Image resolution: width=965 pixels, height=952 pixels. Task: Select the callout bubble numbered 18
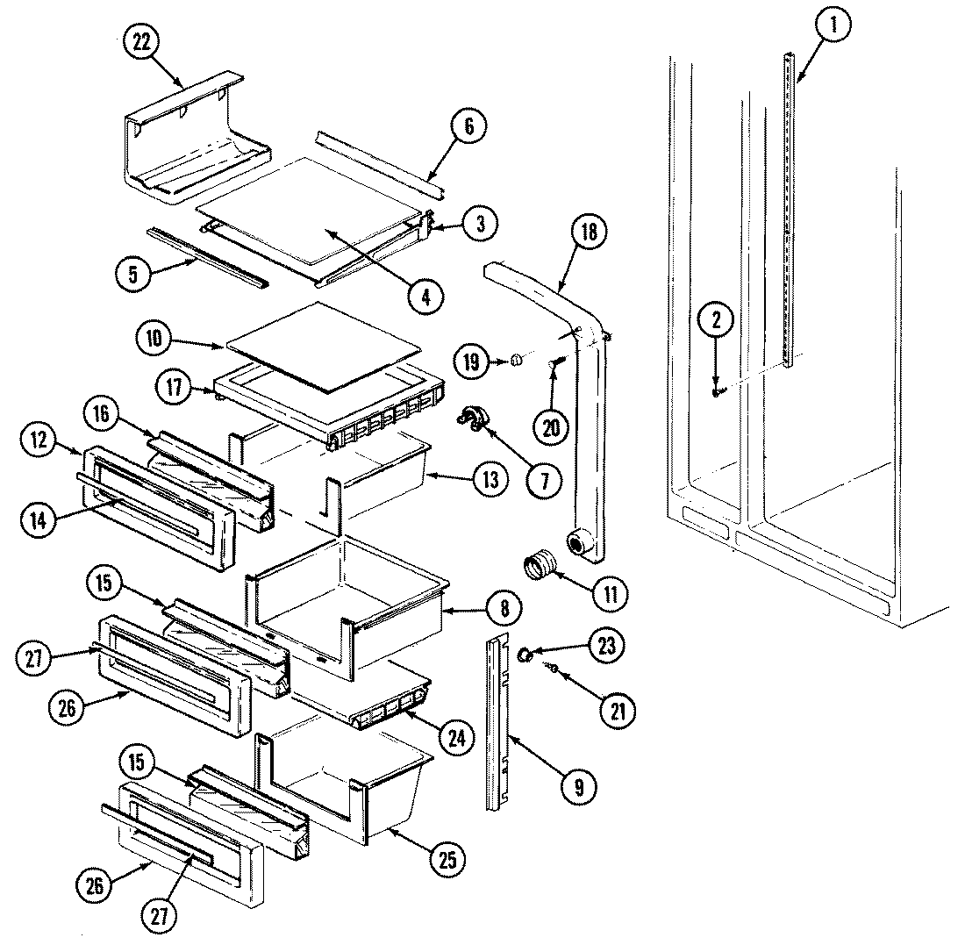pos(589,233)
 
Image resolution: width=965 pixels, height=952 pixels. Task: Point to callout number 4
pos(425,297)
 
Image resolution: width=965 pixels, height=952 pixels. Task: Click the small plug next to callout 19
pos(516,359)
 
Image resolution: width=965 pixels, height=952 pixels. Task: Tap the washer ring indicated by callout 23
pos(526,655)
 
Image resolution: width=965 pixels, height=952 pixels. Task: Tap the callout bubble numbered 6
pos(468,127)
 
